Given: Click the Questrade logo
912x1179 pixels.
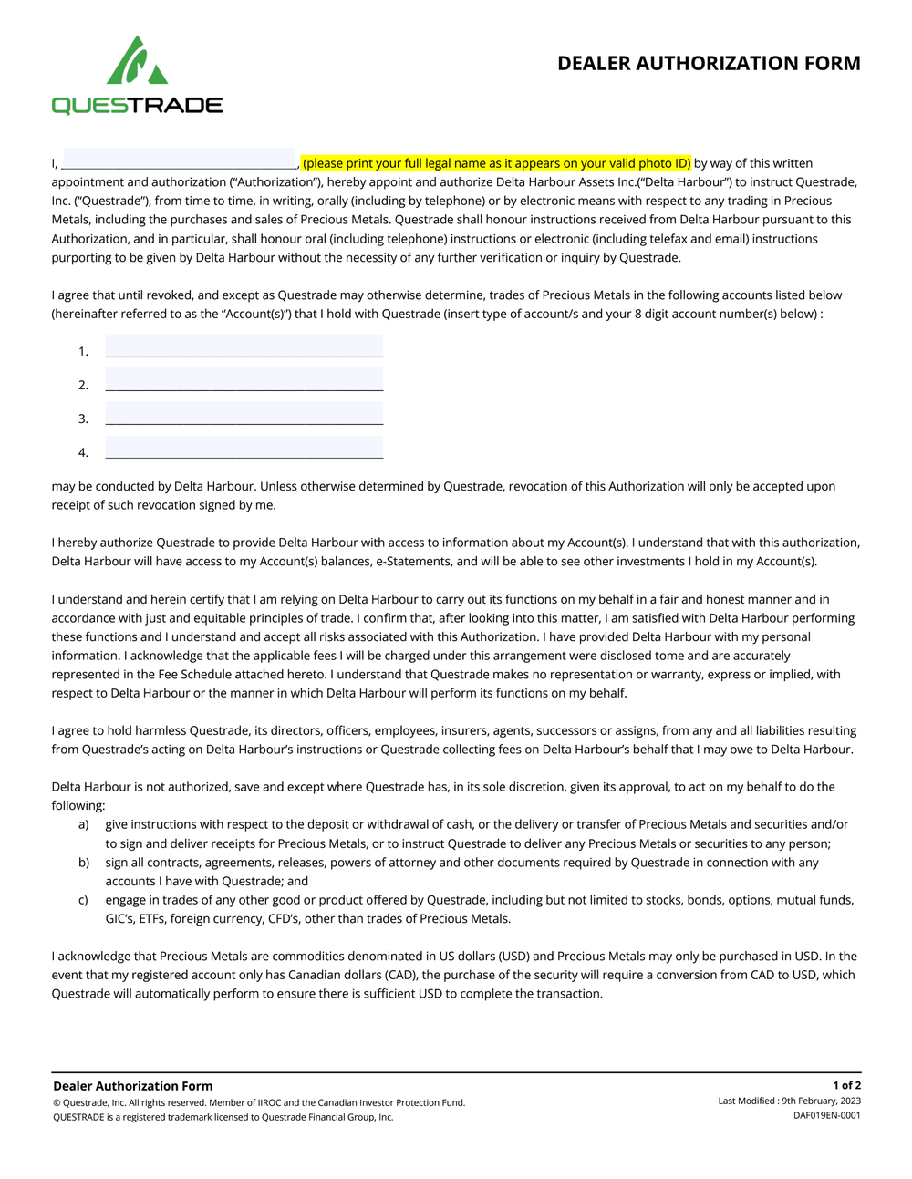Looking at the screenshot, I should [x=137, y=76].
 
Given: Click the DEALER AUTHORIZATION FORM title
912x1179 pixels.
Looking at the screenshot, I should [x=709, y=63].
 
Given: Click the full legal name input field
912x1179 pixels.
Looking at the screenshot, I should [x=179, y=160].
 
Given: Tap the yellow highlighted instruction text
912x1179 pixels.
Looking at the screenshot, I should [x=496, y=163].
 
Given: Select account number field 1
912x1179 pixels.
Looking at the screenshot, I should [x=244, y=346].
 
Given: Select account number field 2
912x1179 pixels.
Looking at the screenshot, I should [x=244, y=380].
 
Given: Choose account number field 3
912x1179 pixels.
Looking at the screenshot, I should [x=244, y=414].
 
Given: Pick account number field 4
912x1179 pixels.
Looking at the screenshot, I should [x=244, y=448].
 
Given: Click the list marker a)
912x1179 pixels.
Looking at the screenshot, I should [x=84, y=824].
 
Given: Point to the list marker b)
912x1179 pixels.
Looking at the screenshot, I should [x=84, y=862].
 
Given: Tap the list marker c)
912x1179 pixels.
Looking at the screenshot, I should [x=84, y=900].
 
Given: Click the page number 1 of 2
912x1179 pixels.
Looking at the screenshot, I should [x=846, y=1085].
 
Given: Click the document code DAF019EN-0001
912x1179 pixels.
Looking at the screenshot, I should [x=826, y=1115].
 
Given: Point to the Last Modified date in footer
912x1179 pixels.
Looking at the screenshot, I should [x=789, y=1101].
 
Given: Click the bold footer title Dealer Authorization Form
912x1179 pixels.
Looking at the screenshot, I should [x=133, y=1086].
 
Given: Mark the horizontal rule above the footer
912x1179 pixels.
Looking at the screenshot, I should [x=456, y=1072].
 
